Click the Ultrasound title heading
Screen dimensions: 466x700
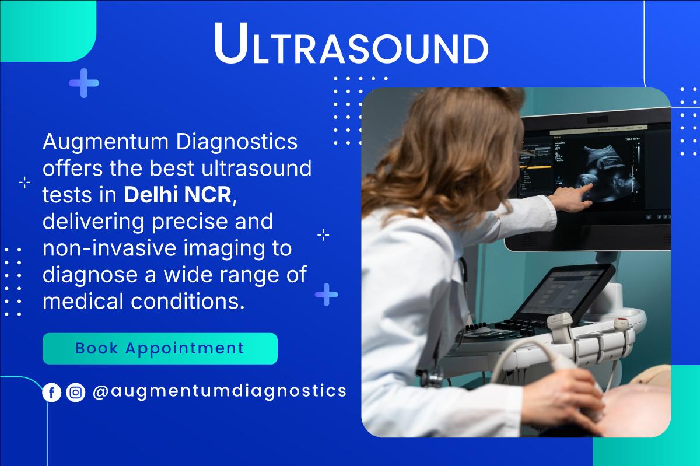coord(350,44)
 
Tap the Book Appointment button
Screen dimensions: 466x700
coord(160,349)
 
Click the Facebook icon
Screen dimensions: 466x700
coord(52,393)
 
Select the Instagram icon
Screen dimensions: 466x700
coord(76,393)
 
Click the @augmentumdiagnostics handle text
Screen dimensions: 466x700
coord(219,391)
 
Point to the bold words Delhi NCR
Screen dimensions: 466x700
coord(177,195)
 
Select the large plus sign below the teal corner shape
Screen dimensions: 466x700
coord(84,83)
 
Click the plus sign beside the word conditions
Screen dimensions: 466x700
coord(326,295)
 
